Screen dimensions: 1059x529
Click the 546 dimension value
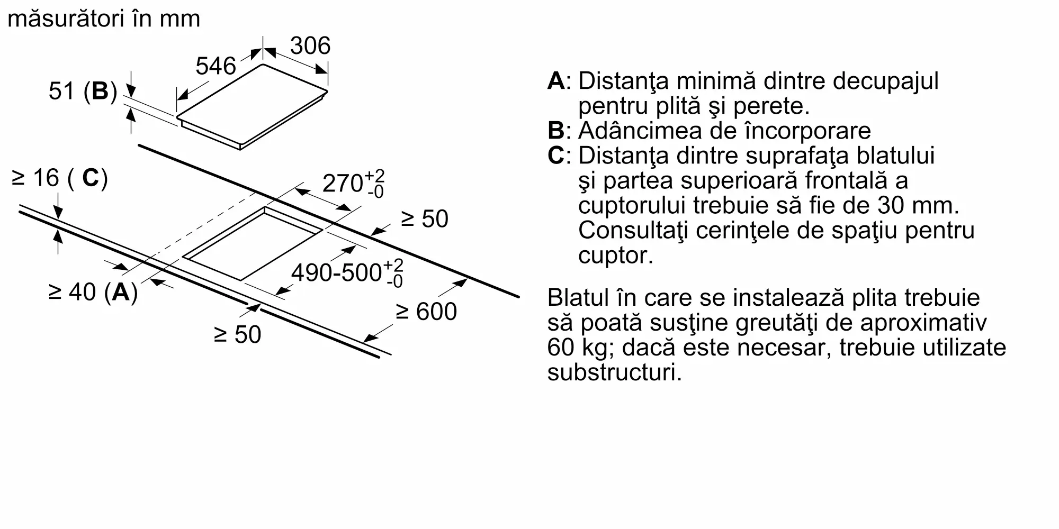(x=216, y=66)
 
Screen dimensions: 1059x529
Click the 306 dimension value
(x=310, y=45)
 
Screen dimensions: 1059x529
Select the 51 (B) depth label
(x=83, y=91)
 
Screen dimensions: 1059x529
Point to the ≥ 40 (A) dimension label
(x=93, y=292)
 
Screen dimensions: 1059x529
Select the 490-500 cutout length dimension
(x=347, y=273)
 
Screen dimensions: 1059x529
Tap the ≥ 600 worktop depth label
(x=426, y=312)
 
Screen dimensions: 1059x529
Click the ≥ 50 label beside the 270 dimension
(x=425, y=219)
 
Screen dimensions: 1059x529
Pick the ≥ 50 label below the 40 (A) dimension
(x=238, y=335)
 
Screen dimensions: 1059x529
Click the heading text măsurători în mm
(x=104, y=19)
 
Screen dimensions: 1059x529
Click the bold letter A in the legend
(x=556, y=81)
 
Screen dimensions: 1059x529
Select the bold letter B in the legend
(x=556, y=131)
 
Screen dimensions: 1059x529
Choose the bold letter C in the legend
(x=557, y=156)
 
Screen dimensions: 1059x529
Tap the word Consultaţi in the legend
(x=633, y=231)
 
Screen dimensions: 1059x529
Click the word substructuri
(x=615, y=373)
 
